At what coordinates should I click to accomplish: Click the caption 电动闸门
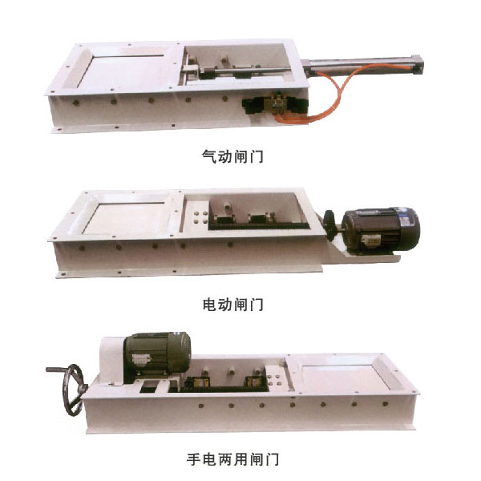(x=232, y=305)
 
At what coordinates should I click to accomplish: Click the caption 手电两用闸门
(x=232, y=459)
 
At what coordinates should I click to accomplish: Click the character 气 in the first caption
(x=209, y=157)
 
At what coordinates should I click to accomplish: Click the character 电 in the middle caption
(x=209, y=305)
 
